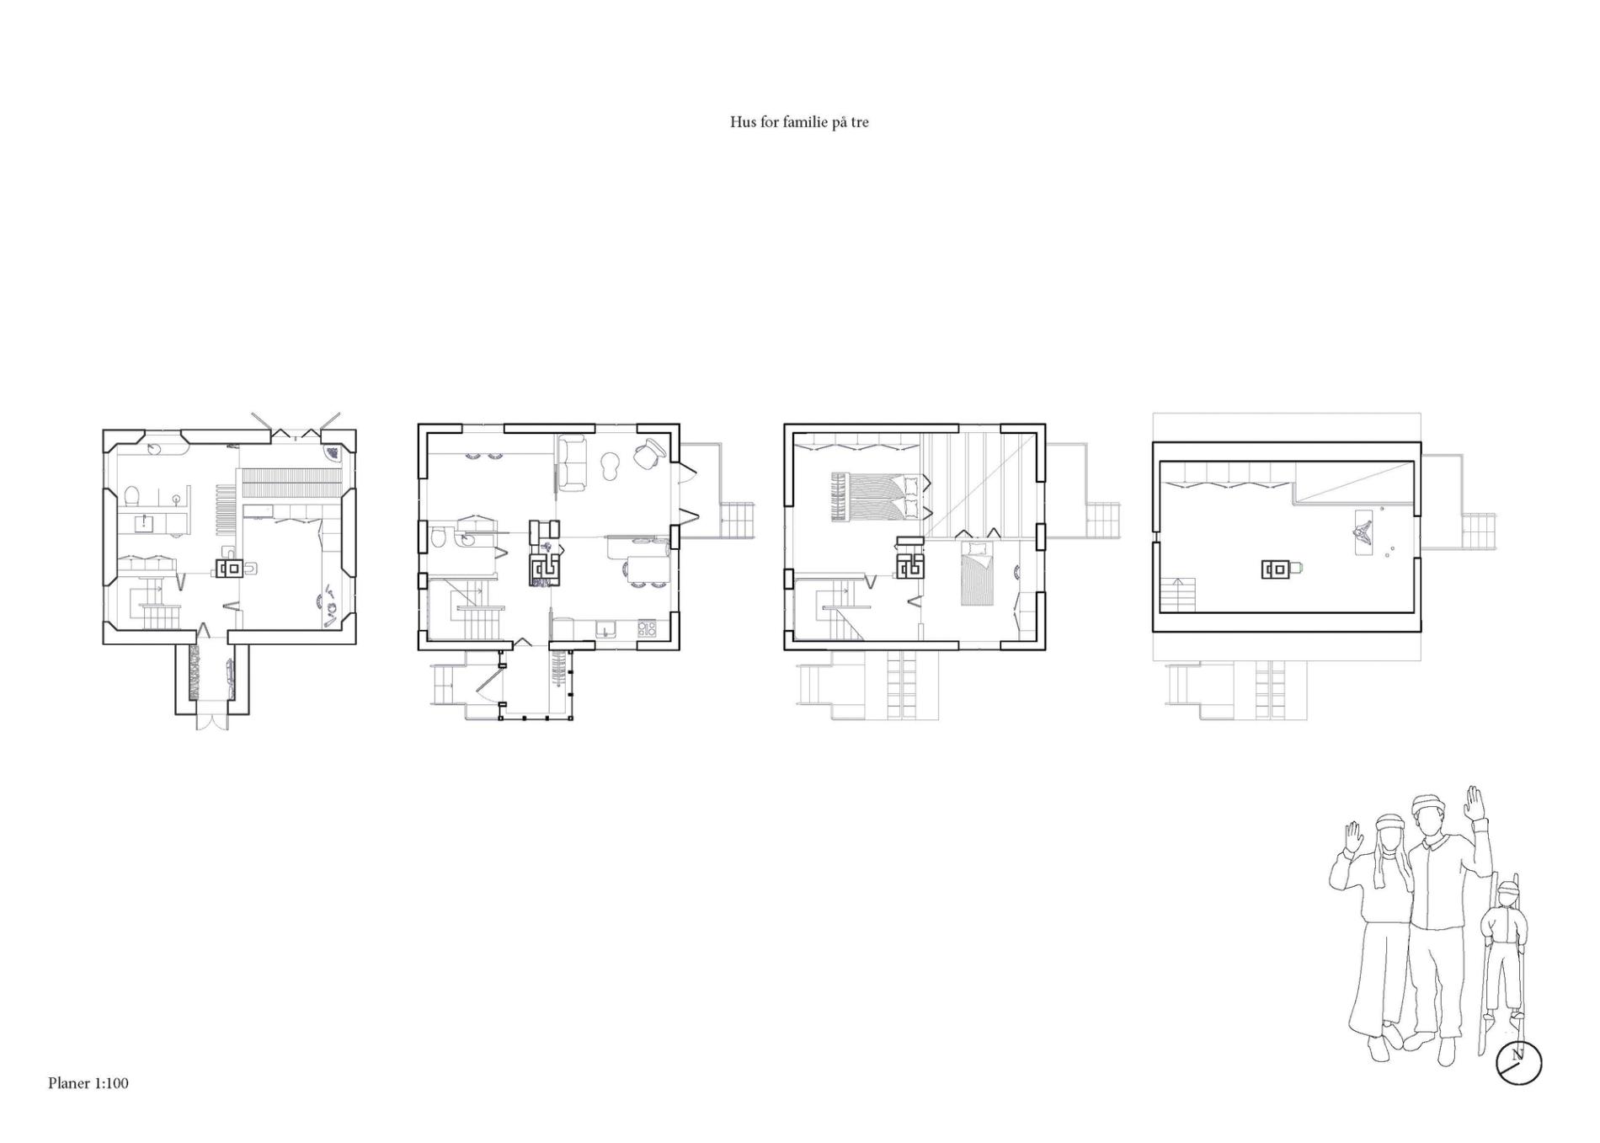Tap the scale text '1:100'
111,1083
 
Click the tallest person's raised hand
1473,802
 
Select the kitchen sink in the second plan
606,628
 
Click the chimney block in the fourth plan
1276,569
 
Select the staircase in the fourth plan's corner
1179,595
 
